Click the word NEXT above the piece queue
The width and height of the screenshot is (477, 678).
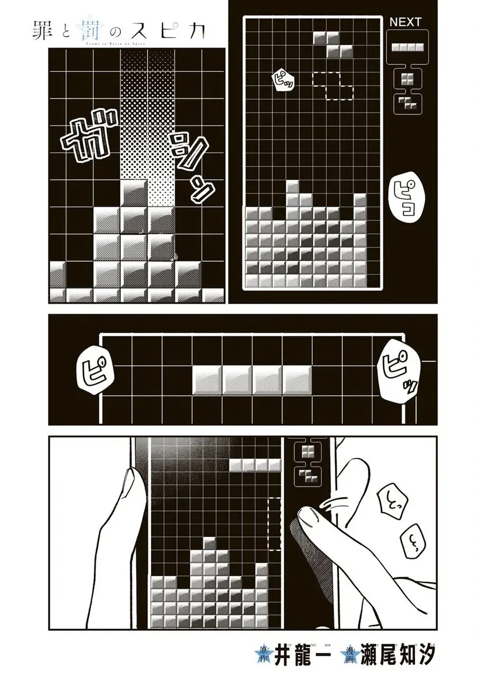click(405, 22)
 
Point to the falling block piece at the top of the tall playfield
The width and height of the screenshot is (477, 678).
click(333, 44)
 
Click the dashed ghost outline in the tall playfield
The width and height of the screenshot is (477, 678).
click(333, 85)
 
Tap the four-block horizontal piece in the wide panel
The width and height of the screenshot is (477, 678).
click(252, 379)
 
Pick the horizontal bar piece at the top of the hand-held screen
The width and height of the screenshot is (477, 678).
click(255, 466)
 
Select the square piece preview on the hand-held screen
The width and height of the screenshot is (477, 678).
click(307, 451)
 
